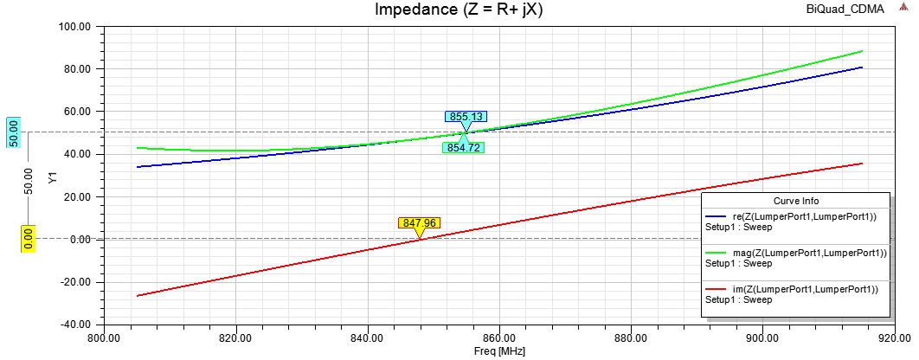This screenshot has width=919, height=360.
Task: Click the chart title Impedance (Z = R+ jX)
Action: pos(459,10)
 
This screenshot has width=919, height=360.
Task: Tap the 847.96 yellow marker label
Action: pos(419,222)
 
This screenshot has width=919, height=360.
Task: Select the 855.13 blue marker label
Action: pos(466,117)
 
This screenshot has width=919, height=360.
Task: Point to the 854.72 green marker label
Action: pos(464,147)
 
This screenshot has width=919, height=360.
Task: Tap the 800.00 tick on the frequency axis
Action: pos(103,337)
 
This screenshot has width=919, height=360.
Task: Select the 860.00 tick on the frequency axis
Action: pos(498,337)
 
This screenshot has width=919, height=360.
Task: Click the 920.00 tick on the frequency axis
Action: pos(893,337)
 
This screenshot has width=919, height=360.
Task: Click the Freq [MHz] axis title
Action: pos(498,352)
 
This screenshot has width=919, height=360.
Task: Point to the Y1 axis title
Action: pos(53,177)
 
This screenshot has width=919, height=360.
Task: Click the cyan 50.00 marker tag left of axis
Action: pos(13,132)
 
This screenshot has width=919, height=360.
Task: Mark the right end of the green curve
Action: pos(862,51)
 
